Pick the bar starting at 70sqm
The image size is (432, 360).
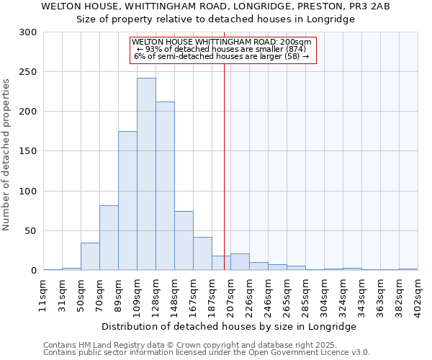[x=109, y=238]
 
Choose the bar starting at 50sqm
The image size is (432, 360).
[x=90, y=256]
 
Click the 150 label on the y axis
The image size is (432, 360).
[x=30, y=151]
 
